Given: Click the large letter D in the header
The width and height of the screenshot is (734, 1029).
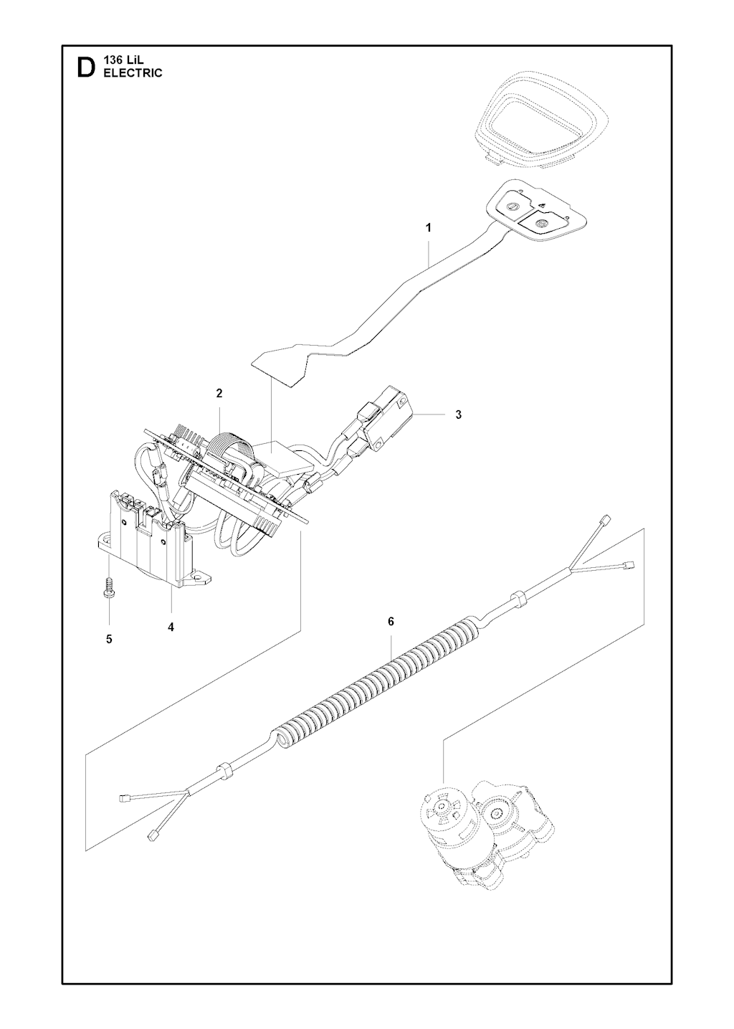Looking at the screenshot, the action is (x=85, y=67).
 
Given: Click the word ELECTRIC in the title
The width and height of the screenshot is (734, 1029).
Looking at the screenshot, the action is (x=133, y=73).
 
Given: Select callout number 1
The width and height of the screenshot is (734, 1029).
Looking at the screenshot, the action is (x=429, y=228).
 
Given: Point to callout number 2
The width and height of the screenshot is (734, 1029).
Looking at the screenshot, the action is (x=219, y=393).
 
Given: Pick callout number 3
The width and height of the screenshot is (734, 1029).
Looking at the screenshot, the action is (x=458, y=414).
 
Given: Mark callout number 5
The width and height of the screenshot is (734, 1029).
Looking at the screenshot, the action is (x=109, y=639).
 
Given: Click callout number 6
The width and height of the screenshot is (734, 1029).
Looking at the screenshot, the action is (x=391, y=622).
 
